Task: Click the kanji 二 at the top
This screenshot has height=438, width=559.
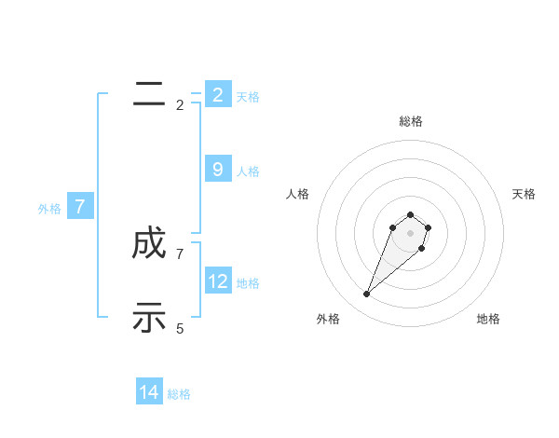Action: (149, 93)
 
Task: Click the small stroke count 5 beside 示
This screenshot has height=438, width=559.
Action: (180, 328)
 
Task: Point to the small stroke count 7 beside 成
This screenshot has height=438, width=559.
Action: (180, 253)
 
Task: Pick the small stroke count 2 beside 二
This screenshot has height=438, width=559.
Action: (180, 104)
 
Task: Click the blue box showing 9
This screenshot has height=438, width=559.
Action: (218, 170)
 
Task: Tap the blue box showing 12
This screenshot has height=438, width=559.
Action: (218, 281)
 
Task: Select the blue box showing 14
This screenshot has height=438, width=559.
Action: (149, 392)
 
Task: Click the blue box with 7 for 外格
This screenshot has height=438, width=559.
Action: (80, 207)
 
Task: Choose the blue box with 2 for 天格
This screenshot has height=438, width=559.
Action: (218, 94)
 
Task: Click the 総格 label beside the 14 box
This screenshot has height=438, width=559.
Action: (179, 394)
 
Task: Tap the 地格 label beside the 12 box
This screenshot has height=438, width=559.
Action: (248, 283)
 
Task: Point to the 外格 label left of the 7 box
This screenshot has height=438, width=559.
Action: (49, 209)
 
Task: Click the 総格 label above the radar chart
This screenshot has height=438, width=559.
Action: (410, 121)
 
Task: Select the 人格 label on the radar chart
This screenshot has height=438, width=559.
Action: (298, 194)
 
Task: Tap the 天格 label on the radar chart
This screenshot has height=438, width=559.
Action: (524, 194)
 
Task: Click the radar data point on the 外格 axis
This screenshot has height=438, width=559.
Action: (366, 294)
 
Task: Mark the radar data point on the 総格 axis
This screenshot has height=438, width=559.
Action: (410, 214)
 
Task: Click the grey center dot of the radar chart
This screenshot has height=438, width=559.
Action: (410, 233)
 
